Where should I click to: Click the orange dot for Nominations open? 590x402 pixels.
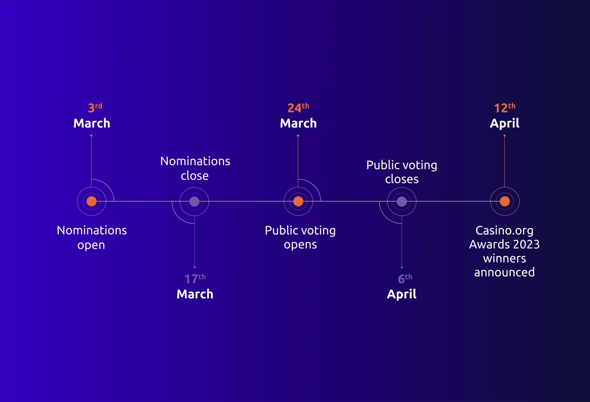pyautogui.click(x=92, y=201)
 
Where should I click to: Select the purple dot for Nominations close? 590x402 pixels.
pyautogui.click(x=194, y=202)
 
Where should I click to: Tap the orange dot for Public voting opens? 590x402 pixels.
pyautogui.click(x=298, y=201)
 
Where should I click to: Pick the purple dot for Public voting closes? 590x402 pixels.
pyautogui.click(x=402, y=202)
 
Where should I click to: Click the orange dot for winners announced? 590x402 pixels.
pyautogui.click(x=505, y=201)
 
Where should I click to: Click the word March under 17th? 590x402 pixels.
pyautogui.click(x=195, y=294)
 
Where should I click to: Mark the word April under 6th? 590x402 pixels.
pyautogui.click(x=402, y=294)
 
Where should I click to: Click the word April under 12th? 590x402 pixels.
pyautogui.click(x=505, y=123)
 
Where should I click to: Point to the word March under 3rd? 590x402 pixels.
pyautogui.click(x=92, y=123)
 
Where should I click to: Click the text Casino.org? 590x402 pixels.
pyautogui.click(x=504, y=231)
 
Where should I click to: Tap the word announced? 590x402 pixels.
pyautogui.click(x=504, y=272)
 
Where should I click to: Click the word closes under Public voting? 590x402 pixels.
pyautogui.click(x=402, y=179)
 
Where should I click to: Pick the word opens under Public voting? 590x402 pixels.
pyautogui.click(x=300, y=245)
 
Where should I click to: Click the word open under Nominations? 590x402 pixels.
pyautogui.click(x=91, y=245)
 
